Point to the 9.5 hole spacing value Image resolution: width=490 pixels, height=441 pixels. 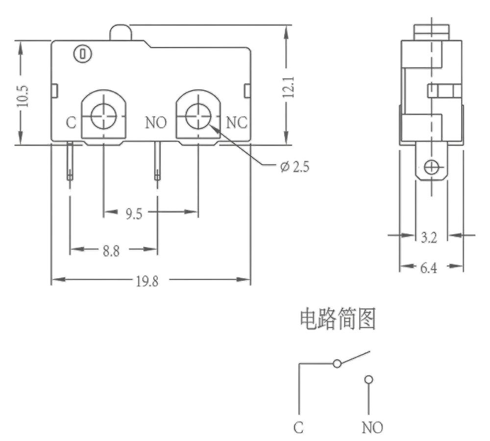[x=134, y=214]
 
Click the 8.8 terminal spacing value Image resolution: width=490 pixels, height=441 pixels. [x=111, y=251]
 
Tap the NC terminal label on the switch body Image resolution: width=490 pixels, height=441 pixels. [x=237, y=122]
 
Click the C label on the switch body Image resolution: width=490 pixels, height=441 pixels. [x=71, y=123]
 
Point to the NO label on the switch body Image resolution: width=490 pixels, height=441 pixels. [x=156, y=122]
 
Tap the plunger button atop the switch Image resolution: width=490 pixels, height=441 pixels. [x=121, y=32]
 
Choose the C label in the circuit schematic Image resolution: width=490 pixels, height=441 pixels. [x=299, y=427]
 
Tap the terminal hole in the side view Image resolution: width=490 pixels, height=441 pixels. [x=431, y=167]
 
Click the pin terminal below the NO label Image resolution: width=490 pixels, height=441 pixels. [x=157, y=162]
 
